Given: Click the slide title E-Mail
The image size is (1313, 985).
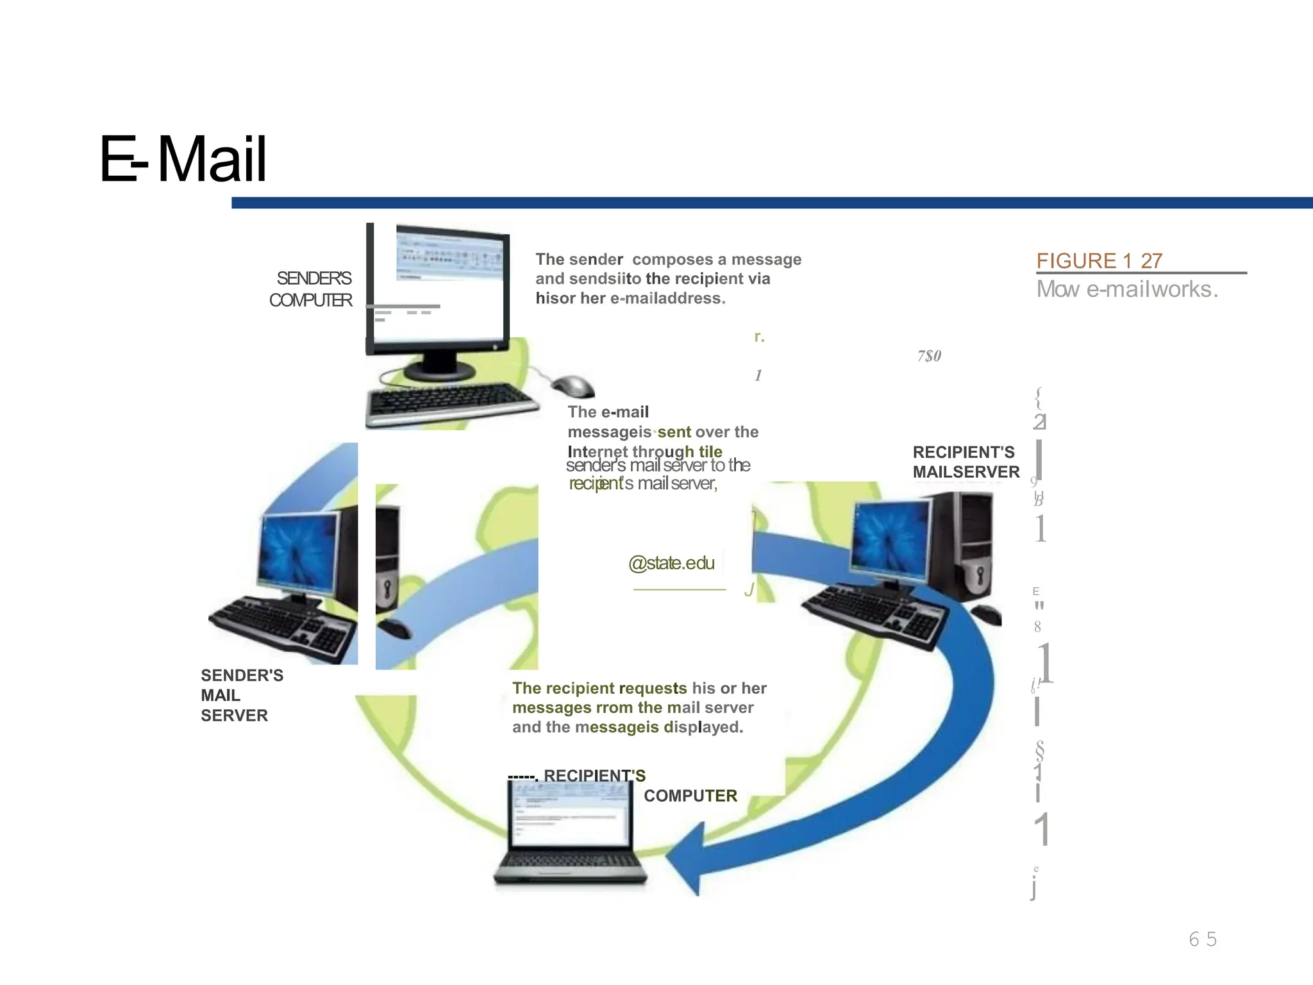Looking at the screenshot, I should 183,159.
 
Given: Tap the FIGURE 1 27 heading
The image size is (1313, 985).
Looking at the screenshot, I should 1099,261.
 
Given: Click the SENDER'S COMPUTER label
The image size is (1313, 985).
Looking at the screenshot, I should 312,289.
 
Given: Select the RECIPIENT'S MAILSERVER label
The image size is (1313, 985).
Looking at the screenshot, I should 966,462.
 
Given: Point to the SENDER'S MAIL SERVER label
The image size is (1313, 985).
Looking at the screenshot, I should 241,695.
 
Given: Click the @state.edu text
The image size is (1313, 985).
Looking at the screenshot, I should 671,563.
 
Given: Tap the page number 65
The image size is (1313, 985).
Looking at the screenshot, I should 1202,939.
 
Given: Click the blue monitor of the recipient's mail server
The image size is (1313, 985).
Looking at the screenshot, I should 890,535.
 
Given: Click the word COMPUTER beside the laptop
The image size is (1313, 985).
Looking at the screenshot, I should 690,796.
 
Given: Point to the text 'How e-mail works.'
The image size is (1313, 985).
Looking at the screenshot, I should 1127,289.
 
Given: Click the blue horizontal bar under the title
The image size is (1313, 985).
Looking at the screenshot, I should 769,203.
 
